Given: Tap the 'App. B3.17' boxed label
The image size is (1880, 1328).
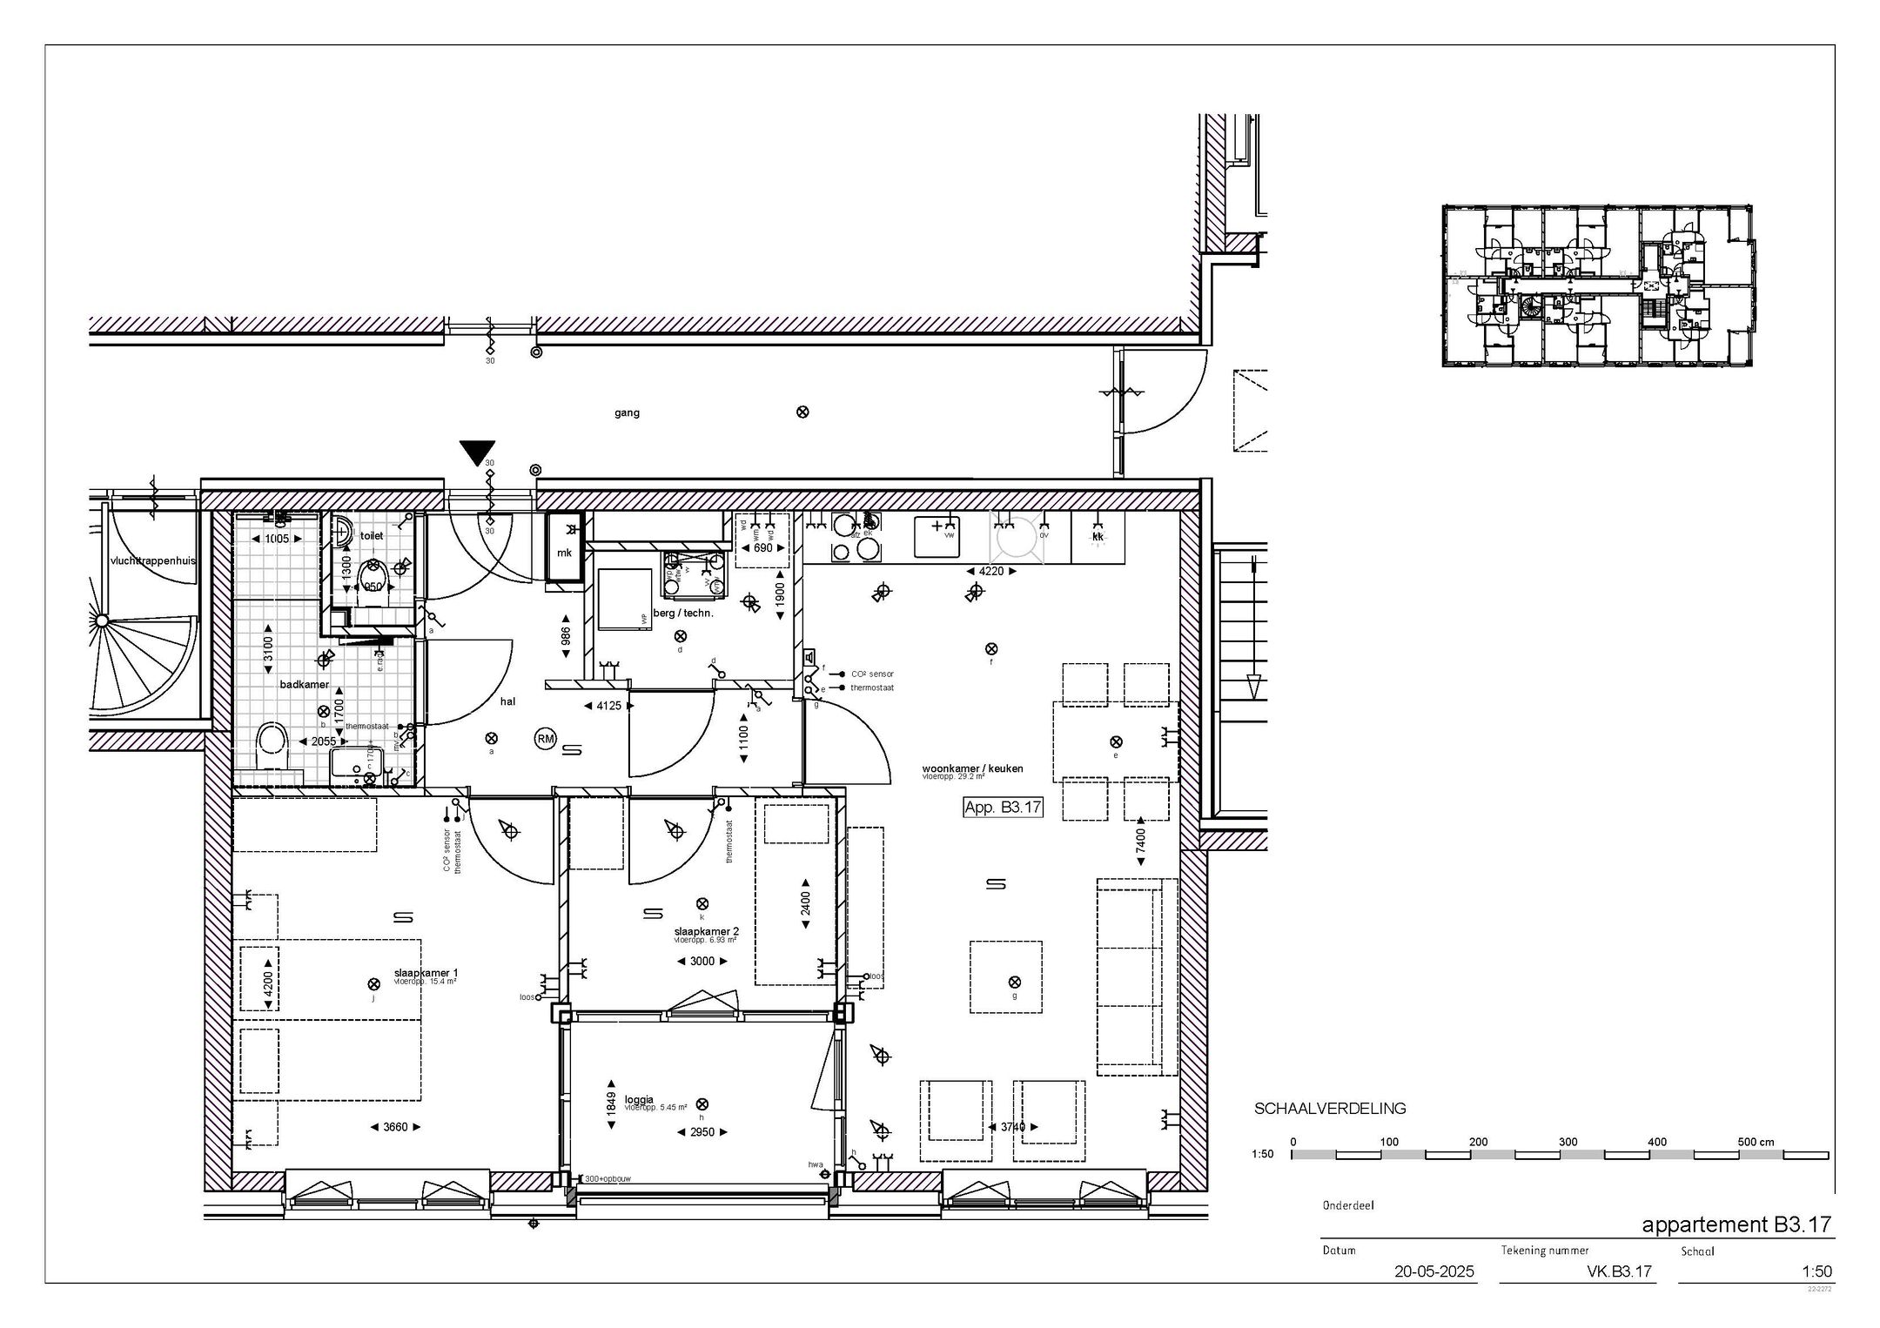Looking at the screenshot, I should pos(1003,808).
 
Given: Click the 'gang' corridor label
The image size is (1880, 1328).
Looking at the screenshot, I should pos(627,413).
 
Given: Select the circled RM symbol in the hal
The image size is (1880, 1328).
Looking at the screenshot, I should pos(545,739).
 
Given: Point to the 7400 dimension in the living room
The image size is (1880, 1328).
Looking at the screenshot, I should pos(1140,842).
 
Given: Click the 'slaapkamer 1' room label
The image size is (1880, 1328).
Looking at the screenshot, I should pos(426,973).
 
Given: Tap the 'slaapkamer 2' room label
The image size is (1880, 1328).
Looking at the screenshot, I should pos(706,931).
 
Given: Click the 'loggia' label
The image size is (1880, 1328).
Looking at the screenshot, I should pos(639,1099).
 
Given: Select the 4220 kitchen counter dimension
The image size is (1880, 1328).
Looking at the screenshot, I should pos(991,572).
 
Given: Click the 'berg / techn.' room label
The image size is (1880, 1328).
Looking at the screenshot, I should pos(683,613).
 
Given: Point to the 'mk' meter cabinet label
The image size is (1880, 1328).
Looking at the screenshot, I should pos(564,553).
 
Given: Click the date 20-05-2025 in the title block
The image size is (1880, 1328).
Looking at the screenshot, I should pos(1434,1271).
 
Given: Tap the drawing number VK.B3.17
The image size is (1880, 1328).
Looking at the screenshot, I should pos(1619,1271).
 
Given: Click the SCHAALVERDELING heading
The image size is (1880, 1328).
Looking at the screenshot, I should pos(1329,1109).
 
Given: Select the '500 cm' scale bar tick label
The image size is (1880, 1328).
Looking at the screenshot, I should pos(1756,1142).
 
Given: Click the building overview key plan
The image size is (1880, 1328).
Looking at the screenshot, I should pos(1597,285).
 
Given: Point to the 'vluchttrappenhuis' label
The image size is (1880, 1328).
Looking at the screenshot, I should pos(152,560).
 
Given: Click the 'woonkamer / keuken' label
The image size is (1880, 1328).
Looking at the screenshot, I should pos(972,768).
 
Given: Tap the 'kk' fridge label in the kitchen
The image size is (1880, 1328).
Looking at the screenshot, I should pos(1098,537).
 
